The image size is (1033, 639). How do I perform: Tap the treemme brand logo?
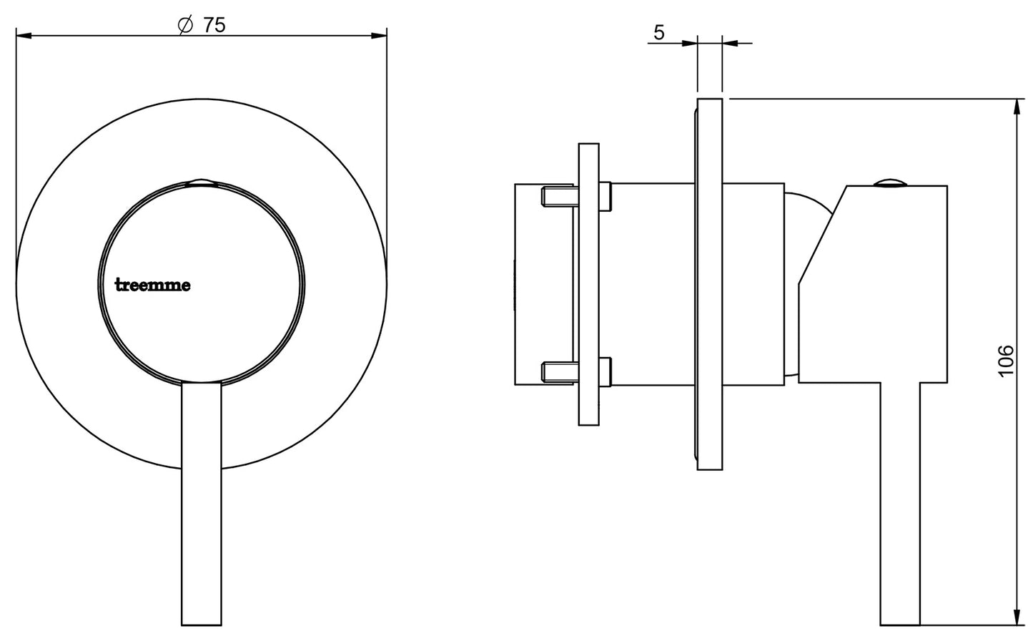[153, 285]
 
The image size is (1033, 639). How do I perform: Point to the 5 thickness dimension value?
[658, 32]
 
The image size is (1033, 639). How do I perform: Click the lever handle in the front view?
[202, 501]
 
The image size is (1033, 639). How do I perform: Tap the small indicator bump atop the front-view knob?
[202, 183]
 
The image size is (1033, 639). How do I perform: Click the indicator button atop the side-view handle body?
[890, 182]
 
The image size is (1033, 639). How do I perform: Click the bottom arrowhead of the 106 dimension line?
[1016, 618]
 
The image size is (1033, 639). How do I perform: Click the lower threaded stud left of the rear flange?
[559, 371]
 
